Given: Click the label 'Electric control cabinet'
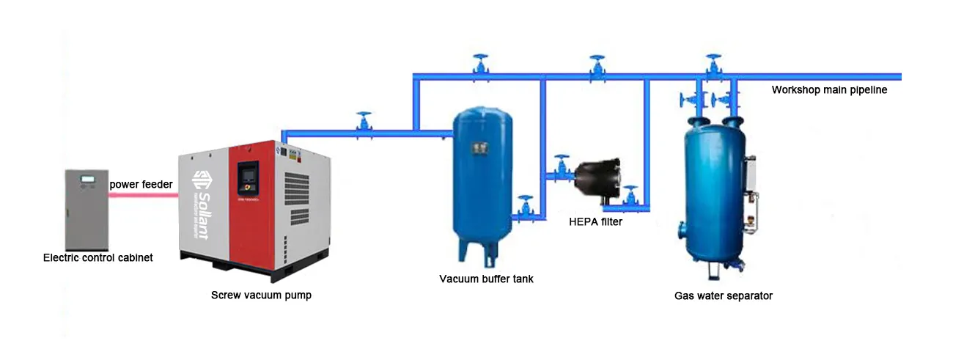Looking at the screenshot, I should click(x=97, y=257).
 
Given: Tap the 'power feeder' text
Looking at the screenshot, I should click(x=141, y=185).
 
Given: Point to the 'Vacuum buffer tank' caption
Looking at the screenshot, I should click(x=486, y=279).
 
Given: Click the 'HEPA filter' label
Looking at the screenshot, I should click(x=595, y=221).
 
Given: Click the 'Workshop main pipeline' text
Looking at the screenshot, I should click(x=829, y=90).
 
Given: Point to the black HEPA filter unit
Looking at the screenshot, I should click(x=598, y=179).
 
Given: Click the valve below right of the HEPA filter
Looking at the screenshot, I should click(x=630, y=199).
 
